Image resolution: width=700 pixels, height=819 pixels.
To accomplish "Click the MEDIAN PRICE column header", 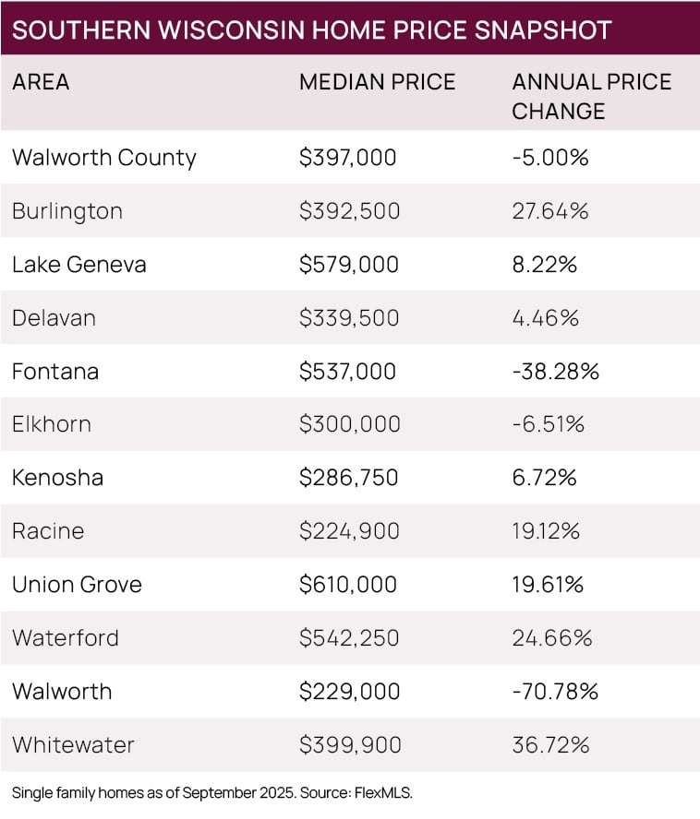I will pyautogui.click(x=377, y=82).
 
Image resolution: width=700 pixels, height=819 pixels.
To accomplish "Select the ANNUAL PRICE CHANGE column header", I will pyautogui.click(x=591, y=96).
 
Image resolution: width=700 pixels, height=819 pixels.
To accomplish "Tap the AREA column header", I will pyautogui.click(x=41, y=82).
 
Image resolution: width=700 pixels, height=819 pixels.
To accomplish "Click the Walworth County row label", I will pyautogui.click(x=103, y=158).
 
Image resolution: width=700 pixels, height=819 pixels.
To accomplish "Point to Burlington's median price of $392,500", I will pyautogui.click(x=349, y=211).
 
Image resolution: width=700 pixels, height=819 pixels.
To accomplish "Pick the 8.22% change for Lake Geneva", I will pyautogui.click(x=544, y=265).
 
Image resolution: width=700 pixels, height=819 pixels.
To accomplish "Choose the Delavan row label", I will pyautogui.click(x=54, y=318).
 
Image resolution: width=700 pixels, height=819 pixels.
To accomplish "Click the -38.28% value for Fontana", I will pyautogui.click(x=555, y=372).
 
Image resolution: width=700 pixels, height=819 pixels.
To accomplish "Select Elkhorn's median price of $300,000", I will pyautogui.click(x=349, y=424).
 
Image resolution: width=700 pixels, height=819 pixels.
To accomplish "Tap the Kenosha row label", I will pyautogui.click(x=57, y=478).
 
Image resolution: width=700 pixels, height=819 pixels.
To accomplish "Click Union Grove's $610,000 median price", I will pyautogui.click(x=348, y=585).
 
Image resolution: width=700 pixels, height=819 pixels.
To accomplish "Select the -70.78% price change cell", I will pyautogui.click(x=555, y=692).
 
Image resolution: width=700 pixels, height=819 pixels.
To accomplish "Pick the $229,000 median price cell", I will pyautogui.click(x=348, y=692).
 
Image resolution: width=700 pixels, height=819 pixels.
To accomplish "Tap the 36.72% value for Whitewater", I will pyautogui.click(x=550, y=744).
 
